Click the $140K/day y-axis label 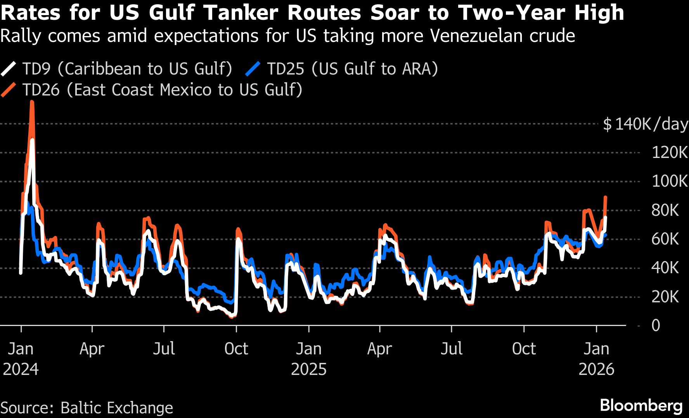tap(645, 124)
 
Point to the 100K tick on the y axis tap(669, 181)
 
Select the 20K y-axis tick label tap(665, 297)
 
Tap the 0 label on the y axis tap(656, 325)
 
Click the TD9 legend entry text tap(127, 69)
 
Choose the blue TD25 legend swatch tap(253, 69)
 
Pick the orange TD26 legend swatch tap(9, 90)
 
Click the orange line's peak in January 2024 tap(32, 102)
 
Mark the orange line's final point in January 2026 tap(605, 198)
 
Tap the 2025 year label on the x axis tap(309, 369)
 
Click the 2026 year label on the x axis tap(596, 369)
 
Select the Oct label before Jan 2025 tap(236, 349)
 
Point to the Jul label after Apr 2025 tap(452, 349)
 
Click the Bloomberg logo tap(641, 406)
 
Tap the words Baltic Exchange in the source tap(117, 408)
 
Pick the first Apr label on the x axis tap(92, 349)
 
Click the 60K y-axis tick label tap(665, 239)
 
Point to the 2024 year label tap(21, 369)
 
